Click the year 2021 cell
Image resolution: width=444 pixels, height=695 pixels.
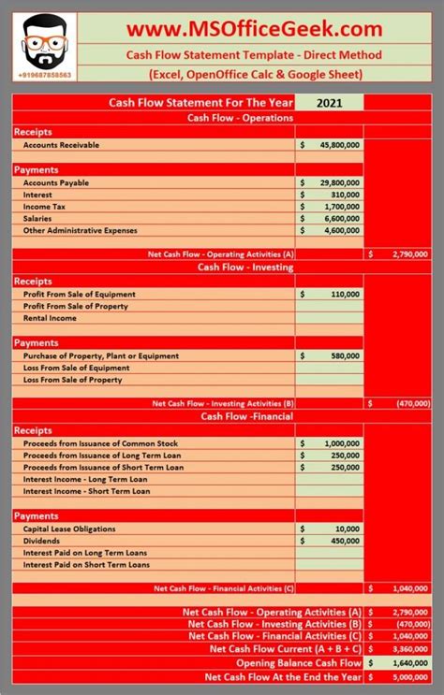329,103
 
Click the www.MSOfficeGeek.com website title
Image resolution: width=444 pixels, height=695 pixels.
254,30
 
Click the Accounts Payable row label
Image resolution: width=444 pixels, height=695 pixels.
55,182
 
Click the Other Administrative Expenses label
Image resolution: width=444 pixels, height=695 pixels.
80,230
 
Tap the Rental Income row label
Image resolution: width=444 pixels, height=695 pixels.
50,318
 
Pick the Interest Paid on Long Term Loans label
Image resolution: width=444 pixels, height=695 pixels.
86,552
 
